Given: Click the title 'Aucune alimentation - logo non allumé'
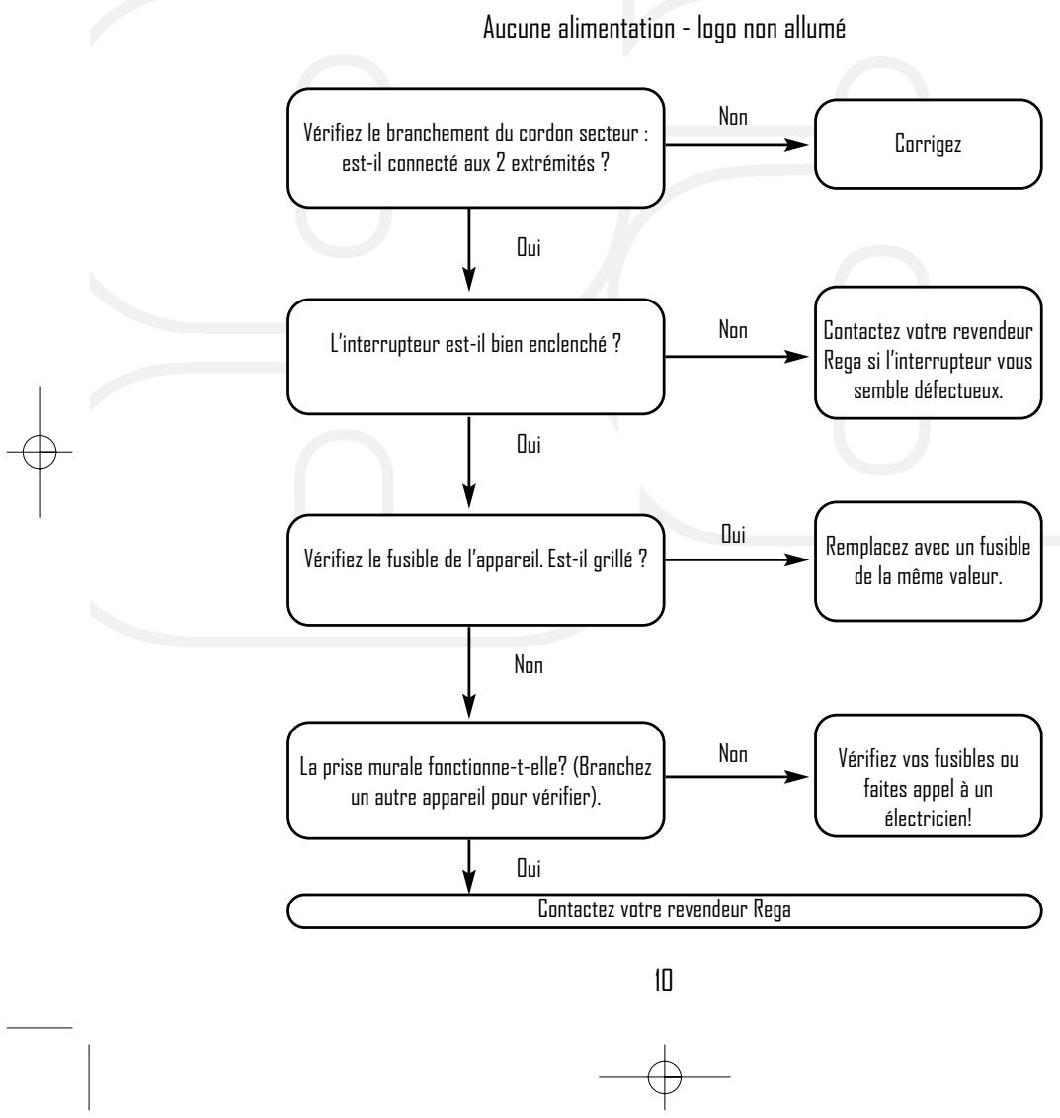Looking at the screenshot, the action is [664, 29].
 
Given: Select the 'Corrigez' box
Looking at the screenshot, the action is [928, 144].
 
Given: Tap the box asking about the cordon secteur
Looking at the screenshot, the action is [476, 148].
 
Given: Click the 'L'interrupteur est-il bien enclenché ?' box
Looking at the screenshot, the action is [476, 357].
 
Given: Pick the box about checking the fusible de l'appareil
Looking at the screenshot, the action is [476, 569].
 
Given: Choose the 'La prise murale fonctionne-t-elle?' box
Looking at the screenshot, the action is [476, 780].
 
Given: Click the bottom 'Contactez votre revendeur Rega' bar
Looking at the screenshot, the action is [664, 910].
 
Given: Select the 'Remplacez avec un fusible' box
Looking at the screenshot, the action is [928, 561].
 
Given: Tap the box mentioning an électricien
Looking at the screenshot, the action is [928, 775].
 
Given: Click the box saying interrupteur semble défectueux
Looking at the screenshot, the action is [928, 352].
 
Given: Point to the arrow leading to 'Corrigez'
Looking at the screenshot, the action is [737, 144].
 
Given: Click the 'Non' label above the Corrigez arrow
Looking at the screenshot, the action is [733, 117].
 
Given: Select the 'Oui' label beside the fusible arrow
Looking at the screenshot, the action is [733, 534].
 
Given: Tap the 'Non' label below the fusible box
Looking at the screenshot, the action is [529, 664].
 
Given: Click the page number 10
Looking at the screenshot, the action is [663, 981].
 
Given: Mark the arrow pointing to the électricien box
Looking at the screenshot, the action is [737, 776].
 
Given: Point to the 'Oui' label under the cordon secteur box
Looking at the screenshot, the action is [529, 247].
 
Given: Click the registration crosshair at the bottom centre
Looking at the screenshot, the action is [665, 1076].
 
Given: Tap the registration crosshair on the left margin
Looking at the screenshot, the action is [40, 452].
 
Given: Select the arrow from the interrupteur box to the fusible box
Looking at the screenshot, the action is [468, 462].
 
